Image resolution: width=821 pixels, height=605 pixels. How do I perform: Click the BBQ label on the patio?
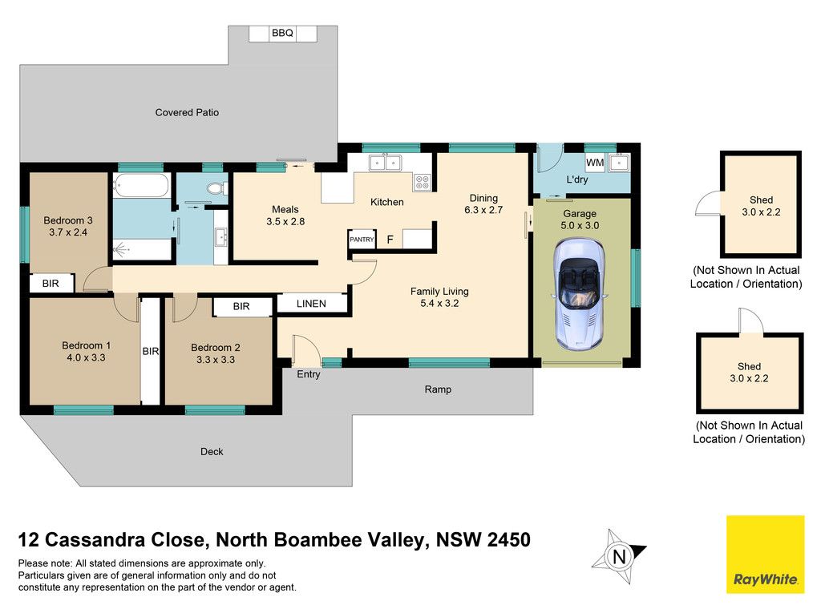tap(282, 33)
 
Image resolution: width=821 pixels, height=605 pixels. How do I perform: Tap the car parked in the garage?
tap(579, 294)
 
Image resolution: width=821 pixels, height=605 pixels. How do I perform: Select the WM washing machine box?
tap(595, 162)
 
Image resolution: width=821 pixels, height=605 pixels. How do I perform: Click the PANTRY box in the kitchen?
tap(362, 239)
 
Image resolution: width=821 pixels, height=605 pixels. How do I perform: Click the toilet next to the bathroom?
tap(216, 188)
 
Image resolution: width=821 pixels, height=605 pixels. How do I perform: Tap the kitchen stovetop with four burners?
tap(423, 182)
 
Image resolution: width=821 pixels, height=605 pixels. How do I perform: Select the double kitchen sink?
tap(385, 163)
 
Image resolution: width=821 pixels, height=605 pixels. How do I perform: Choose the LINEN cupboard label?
tap(311, 304)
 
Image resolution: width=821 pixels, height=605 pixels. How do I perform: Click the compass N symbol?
tap(620, 556)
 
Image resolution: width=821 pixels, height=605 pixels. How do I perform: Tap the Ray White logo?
tap(765, 555)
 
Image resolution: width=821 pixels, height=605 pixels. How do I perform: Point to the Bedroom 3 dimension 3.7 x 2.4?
tap(68, 232)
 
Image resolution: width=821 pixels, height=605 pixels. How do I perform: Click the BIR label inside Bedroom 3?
tap(51, 284)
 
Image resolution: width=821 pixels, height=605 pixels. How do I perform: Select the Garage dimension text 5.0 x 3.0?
tap(580, 225)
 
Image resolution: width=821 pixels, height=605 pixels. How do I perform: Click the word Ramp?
tap(438, 389)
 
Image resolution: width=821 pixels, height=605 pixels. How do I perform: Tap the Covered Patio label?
tap(187, 112)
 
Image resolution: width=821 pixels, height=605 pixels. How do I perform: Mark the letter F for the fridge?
tap(390, 240)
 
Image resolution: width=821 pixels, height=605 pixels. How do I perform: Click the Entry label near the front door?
tap(309, 375)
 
